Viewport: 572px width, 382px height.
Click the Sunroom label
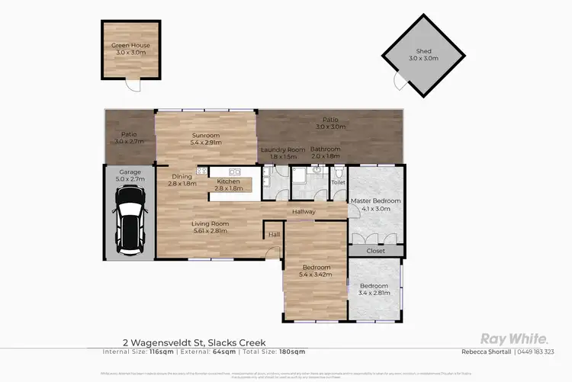tap(205, 138)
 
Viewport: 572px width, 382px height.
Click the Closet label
tap(375, 251)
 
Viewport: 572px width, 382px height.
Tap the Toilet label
tap(338, 183)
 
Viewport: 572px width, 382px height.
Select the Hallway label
tap(304, 211)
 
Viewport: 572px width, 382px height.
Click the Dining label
tap(182, 180)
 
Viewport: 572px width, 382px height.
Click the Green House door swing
tap(134, 85)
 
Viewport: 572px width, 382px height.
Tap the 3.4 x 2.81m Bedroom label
tap(374, 291)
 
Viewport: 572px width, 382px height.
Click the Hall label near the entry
tap(274, 235)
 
